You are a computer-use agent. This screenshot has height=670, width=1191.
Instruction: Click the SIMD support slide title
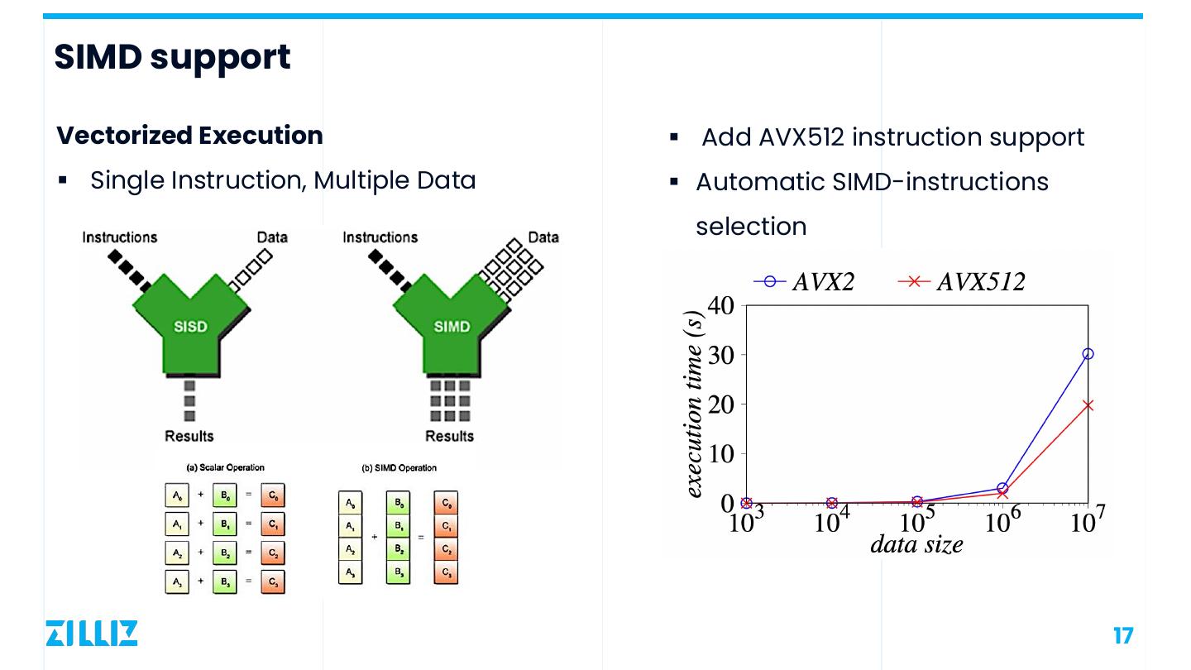(172, 57)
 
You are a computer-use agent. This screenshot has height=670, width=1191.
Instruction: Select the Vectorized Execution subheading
(189, 136)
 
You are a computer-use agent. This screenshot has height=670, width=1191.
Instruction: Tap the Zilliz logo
(92, 633)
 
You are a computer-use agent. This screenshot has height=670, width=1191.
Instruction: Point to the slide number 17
(1122, 636)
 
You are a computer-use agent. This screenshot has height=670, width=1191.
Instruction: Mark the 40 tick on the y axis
(720, 305)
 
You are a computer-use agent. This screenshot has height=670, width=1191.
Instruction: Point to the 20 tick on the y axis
(720, 404)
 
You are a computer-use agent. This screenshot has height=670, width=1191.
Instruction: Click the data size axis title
(916, 544)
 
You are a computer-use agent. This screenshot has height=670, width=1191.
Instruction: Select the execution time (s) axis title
(695, 404)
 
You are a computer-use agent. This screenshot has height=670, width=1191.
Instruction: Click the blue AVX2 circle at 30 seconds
(1088, 354)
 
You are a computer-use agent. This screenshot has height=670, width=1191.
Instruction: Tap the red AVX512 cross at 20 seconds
(1088, 405)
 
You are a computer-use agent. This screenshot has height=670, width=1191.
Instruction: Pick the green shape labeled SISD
(190, 328)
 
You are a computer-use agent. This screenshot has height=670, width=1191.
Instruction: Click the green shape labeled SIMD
(452, 328)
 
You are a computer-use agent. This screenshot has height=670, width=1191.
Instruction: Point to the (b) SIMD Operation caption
(399, 468)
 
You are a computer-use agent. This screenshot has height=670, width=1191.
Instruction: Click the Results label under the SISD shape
(189, 436)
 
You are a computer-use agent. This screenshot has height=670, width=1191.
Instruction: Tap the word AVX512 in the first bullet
(801, 136)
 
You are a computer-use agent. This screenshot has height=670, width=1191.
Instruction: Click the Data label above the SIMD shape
(543, 237)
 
